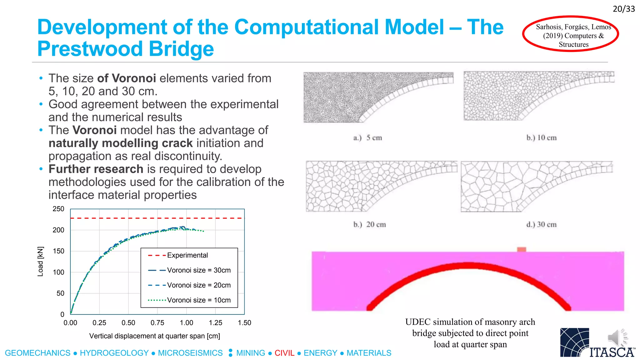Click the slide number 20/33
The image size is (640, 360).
coord(623,9)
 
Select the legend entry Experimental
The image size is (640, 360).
coord(187,255)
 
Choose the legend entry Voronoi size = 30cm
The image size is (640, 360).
coord(199,270)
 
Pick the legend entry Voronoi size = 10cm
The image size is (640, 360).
coord(199,300)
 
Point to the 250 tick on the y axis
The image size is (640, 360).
coord(58,209)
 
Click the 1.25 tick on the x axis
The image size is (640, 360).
coord(215,323)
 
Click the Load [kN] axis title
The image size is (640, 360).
coord(40,262)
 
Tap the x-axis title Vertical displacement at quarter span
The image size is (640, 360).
coord(154,336)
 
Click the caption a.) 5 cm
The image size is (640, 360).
coord(367,138)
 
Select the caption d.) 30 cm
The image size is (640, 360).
coord(541,225)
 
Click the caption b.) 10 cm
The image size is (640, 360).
coord(541,138)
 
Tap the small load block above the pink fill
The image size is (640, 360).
coord(521,249)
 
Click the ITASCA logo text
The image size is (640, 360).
coord(612,352)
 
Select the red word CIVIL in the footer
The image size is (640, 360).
coord(284,353)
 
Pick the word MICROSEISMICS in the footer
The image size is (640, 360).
coord(190,353)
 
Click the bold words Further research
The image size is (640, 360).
coord(96,169)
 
